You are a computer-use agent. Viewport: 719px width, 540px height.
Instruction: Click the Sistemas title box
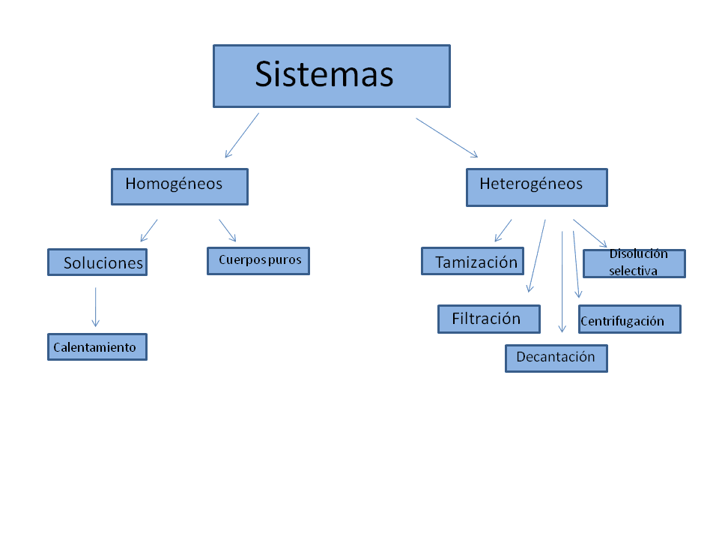click(x=331, y=76)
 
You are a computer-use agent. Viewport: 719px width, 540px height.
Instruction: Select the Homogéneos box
click(x=179, y=186)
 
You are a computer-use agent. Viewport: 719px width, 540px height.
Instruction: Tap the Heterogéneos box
click(x=536, y=187)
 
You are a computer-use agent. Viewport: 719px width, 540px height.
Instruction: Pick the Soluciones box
click(x=97, y=262)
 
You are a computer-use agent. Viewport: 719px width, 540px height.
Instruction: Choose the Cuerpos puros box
click(x=258, y=261)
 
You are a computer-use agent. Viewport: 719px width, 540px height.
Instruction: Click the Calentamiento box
click(x=97, y=347)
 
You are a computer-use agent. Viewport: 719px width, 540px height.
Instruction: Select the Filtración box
click(x=488, y=319)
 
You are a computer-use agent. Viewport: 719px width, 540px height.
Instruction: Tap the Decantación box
click(x=556, y=358)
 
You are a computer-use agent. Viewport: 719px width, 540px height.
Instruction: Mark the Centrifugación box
click(x=629, y=319)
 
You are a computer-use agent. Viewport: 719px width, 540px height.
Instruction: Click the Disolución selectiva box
click(x=634, y=263)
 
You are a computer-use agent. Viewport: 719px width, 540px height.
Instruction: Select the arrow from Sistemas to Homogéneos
click(x=242, y=135)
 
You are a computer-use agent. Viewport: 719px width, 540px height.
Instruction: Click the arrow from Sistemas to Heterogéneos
click(x=447, y=137)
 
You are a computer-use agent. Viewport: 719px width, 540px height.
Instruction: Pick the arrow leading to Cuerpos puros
click(x=228, y=230)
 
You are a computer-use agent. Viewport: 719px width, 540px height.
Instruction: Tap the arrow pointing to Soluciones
click(x=149, y=230)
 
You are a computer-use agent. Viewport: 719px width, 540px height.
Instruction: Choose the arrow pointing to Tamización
click(x=503, y=230)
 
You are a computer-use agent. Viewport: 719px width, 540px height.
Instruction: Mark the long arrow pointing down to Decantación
click(x=562, y=281)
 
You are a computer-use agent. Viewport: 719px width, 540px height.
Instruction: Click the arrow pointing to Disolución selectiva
click(x=590, y=233)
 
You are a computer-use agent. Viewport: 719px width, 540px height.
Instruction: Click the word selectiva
click(x=634, y=271)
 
